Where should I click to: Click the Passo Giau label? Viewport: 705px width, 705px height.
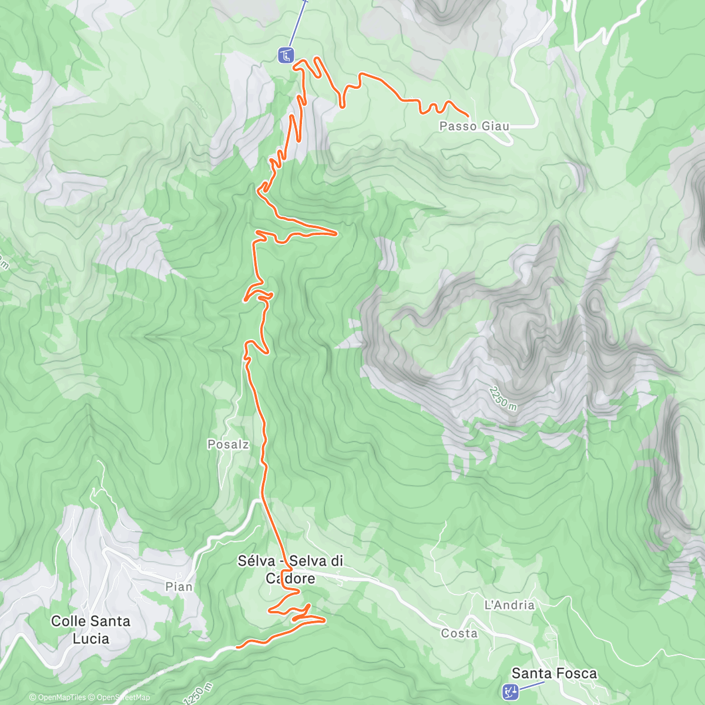tap(474, 126)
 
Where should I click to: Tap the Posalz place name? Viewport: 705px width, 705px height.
tap(228, 445)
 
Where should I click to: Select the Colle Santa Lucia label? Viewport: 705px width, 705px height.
tap(90, 629)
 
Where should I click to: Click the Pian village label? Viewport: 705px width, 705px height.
tap(179, 587)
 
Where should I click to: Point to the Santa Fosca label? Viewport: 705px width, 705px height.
tap(554, 673)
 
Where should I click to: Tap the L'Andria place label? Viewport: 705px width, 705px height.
tap(509, 605)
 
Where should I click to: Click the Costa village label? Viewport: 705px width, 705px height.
tap(459, 633)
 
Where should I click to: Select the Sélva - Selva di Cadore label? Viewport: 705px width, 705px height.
tap(290, 569)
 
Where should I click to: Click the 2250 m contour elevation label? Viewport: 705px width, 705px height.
tap(503, 399)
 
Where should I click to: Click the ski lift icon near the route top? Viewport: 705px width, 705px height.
tap(286, 56)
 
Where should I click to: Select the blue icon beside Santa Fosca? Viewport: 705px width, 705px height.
tap(510, 691)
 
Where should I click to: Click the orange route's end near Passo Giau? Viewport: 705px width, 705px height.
tap(468, 115)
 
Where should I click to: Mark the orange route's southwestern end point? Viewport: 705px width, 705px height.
tap(237, 647)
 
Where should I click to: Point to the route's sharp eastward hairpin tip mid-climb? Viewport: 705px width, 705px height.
tap(336, 234)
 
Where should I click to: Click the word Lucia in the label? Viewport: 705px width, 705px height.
tap(90, 638)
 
